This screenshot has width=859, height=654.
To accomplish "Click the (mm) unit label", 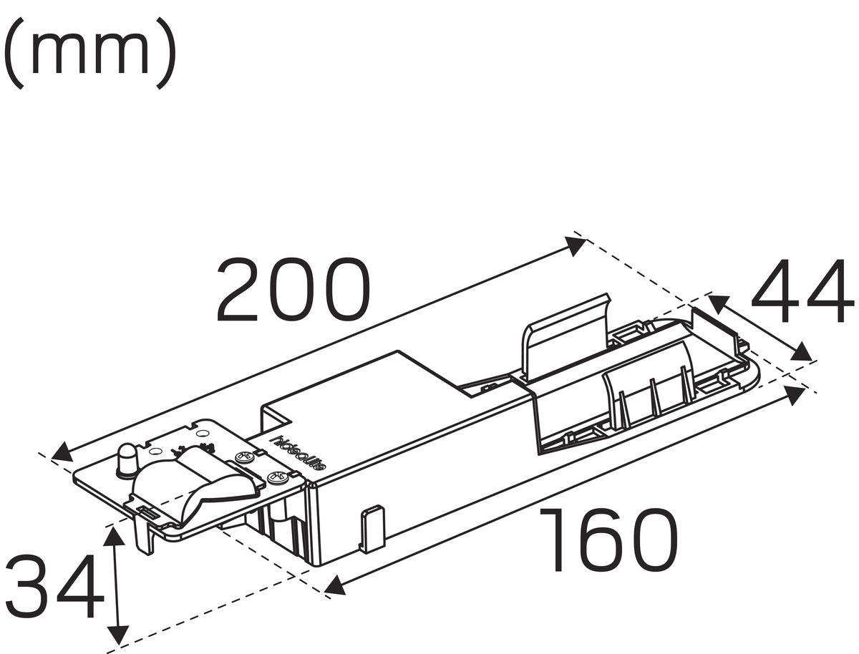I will (x=89, y=53).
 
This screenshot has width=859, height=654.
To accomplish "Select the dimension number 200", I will (x=293, y=289).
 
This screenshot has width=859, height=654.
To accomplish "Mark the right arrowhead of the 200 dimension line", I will (x=576, y=245).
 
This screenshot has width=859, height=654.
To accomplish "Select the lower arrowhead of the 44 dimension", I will (x=802, y=351).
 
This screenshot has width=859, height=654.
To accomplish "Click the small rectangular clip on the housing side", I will (x=372, y=528).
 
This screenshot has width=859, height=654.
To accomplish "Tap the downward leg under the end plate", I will (x=146, y=537).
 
